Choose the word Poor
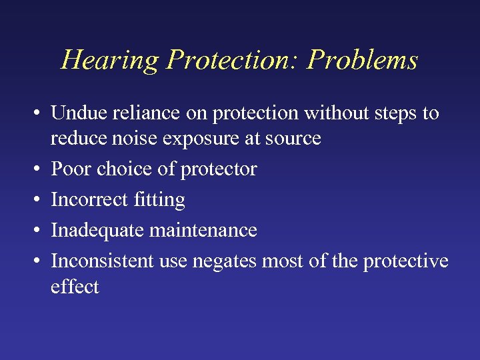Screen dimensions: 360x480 [71, 169]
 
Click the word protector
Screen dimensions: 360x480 [220, 170]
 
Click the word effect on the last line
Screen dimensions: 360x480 [75, 287]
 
